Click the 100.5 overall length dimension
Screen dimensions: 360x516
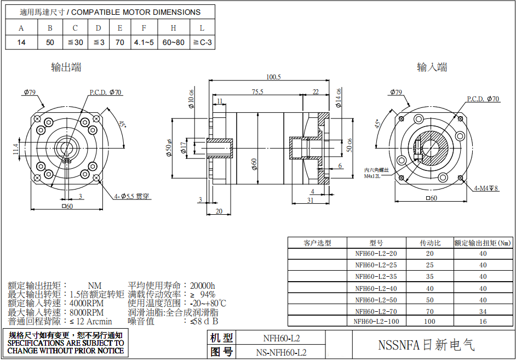[273, 77]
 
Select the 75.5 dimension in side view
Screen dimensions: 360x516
[257, 92]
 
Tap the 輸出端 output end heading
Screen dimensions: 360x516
[66, 67]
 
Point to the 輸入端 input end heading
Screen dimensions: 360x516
[432, 67]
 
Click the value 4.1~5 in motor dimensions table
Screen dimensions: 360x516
[144, 42]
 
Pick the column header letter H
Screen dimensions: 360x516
[173, 28]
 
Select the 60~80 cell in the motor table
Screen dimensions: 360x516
[173, 42]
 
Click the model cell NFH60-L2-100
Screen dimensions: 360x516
[376, 322]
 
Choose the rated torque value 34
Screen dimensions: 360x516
[483, 311]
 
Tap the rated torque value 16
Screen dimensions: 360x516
[483, 322]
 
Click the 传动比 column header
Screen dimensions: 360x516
[430, 243]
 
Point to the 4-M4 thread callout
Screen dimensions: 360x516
[486, 188]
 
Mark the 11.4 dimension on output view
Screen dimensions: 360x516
[16, 148]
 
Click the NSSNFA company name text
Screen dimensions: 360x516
[426, 345]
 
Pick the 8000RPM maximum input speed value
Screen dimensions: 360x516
[87, 312]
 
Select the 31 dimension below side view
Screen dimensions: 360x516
[311, 201]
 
